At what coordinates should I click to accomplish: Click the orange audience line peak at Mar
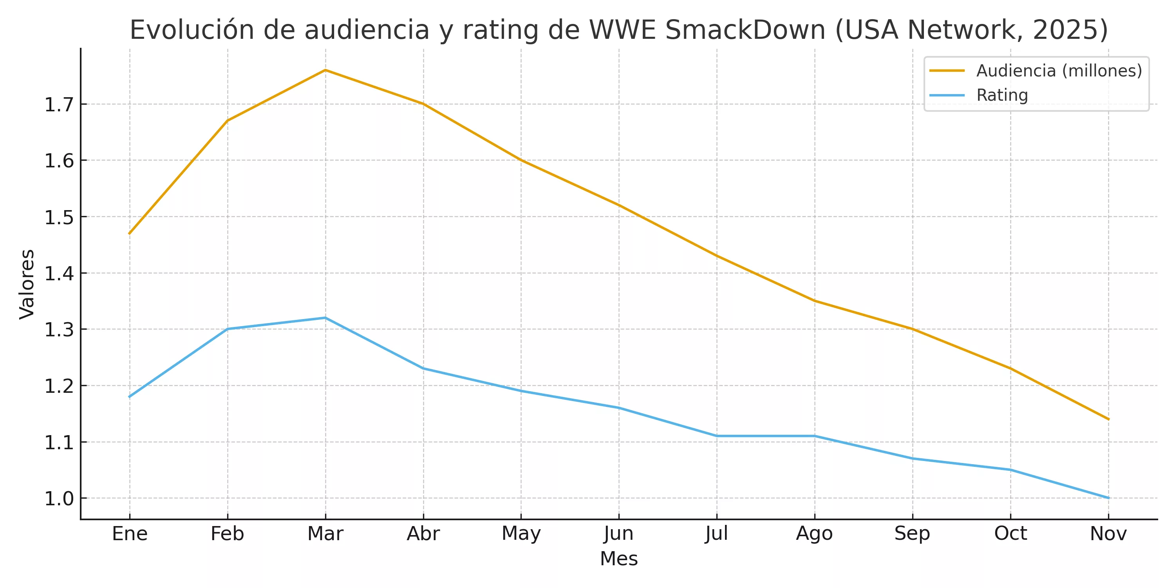(x=325, y=70)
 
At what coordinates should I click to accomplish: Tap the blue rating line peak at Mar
(x=325, y=318)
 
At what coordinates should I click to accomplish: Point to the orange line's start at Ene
(x=130, y=233)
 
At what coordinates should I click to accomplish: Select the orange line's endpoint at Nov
(x=1108, y=419)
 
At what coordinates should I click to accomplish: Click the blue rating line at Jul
(x=717, y=436)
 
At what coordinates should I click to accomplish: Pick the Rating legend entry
(x=1001, y=95)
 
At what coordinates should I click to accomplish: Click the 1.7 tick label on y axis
(x=59, y=105)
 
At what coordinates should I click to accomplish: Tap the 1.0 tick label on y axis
(x=59, y=499)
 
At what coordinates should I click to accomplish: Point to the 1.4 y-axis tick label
(x=59, y=274)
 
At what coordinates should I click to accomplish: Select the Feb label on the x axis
(x=227, y=534)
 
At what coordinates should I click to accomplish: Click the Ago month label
(x=814, y=534)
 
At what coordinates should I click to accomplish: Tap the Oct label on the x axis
(x=1010, y=534)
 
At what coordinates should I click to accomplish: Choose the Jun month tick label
(x=618, y=534)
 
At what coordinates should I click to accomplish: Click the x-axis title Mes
(x=618, y=559)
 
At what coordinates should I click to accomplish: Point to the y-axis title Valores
(x=27, y=284)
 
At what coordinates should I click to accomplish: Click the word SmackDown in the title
(x=745, y=30)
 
